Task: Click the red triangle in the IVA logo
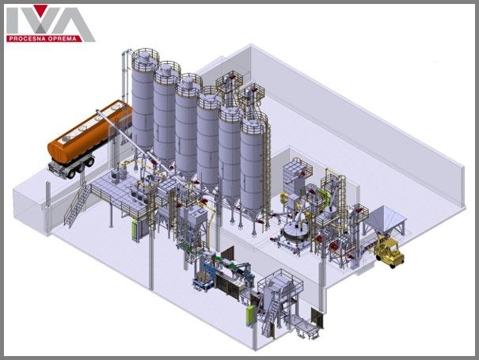(x=40, y=10)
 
